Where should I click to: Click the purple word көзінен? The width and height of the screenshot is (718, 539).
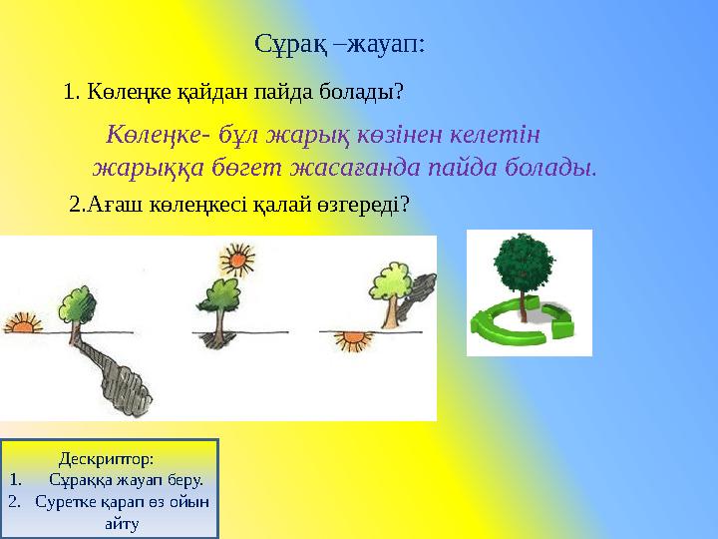click(x=384, y=133)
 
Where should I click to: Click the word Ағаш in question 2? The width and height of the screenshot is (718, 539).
click(x=107, y=205)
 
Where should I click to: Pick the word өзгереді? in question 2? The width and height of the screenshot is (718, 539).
click(x=364, y=205)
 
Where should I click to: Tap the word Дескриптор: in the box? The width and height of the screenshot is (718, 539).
click(x=107, y=459)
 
